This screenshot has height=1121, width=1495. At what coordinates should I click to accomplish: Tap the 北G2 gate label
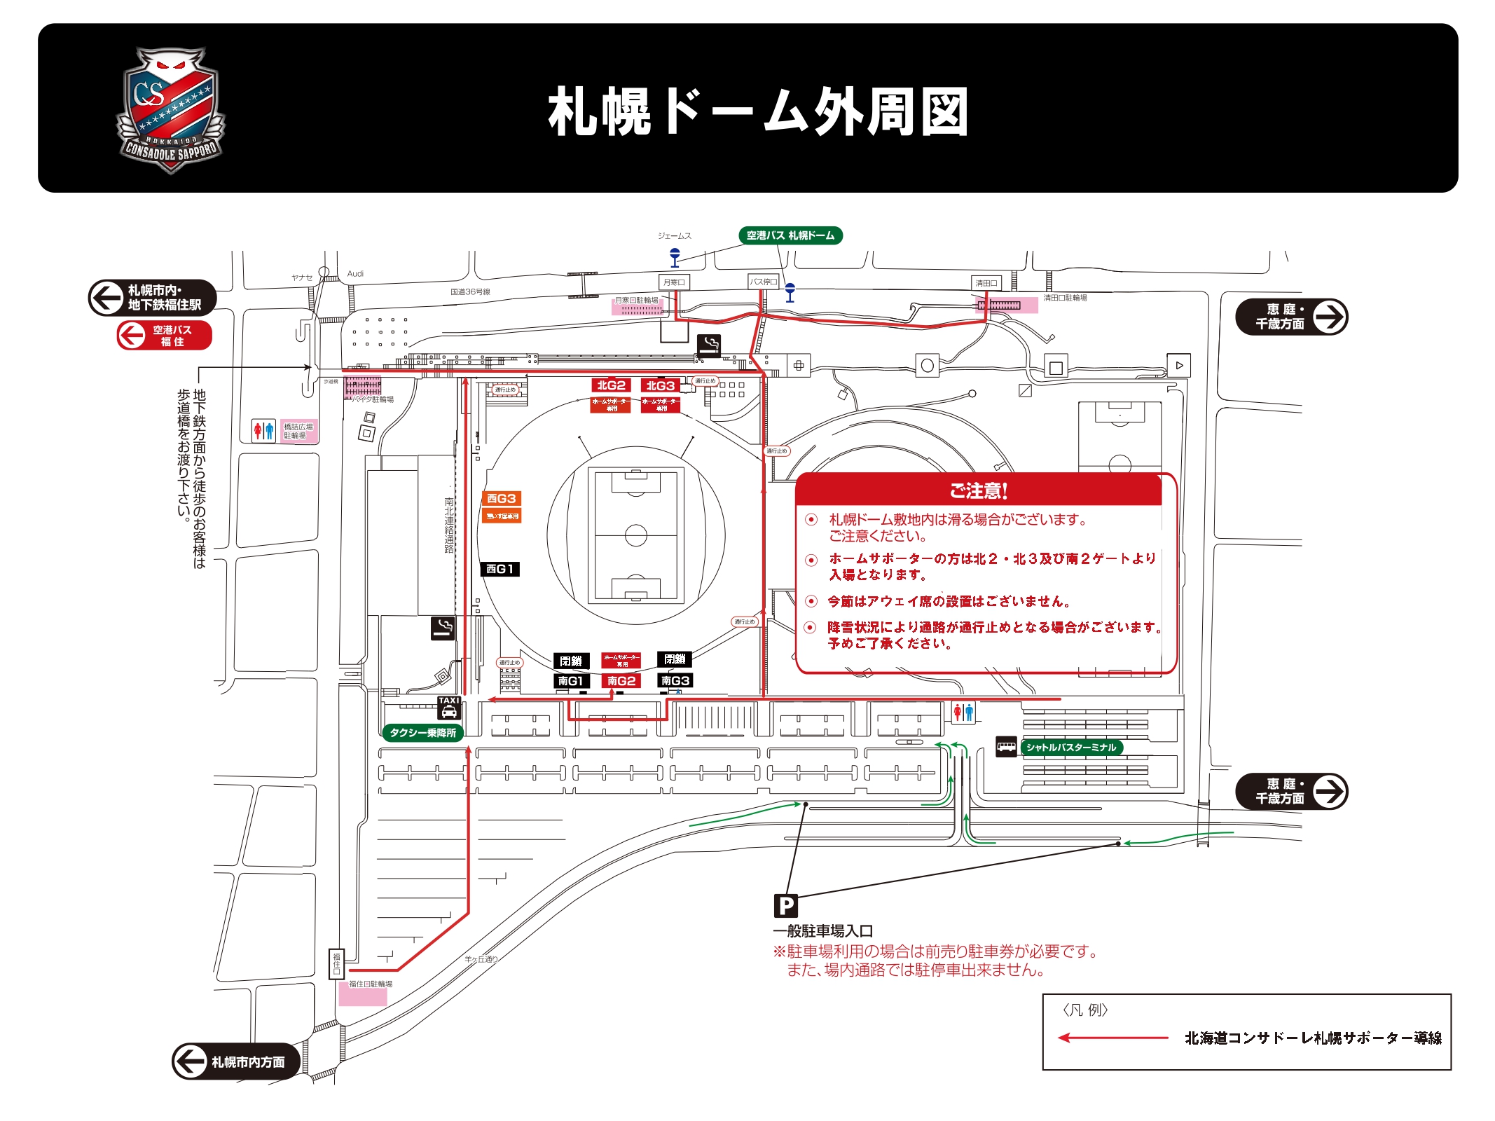tap(611, 385)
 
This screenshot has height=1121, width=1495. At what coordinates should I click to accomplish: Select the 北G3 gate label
tap(660, 386)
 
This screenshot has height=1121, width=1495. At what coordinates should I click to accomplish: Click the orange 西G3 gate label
tap(502, 499)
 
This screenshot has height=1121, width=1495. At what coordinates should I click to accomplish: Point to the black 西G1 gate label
tap(500, 569)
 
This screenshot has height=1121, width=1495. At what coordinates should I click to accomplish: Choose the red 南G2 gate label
tap(621, 681)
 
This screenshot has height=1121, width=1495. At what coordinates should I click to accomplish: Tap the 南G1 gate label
tap(571, 681)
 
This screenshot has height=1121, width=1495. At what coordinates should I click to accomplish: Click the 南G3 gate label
tap(675, 680)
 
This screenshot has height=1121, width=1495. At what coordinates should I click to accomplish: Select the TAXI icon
tap(449, 708)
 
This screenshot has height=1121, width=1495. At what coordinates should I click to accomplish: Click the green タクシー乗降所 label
tap(422, 733)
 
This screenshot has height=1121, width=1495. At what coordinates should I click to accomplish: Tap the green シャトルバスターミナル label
tap(1071, 748)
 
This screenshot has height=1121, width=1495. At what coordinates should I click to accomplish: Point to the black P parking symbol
tap(786, 906)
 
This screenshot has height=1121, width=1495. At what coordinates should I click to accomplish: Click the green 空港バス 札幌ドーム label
tap(790, 235)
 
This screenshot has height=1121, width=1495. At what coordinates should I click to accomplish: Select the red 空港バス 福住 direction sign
tap(165, 336)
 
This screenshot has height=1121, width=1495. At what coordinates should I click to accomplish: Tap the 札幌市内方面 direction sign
tap(236, 1061)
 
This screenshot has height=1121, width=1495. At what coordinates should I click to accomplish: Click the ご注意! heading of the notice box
tap(978, 490)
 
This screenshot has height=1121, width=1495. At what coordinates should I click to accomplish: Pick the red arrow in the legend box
tap(1112, 1038)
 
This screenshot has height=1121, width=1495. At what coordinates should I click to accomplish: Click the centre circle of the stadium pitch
tap(635, 535)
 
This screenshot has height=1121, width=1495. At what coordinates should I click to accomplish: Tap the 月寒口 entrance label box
tap(674, 282)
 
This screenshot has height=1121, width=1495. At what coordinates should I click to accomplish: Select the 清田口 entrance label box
tap(986, 283)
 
